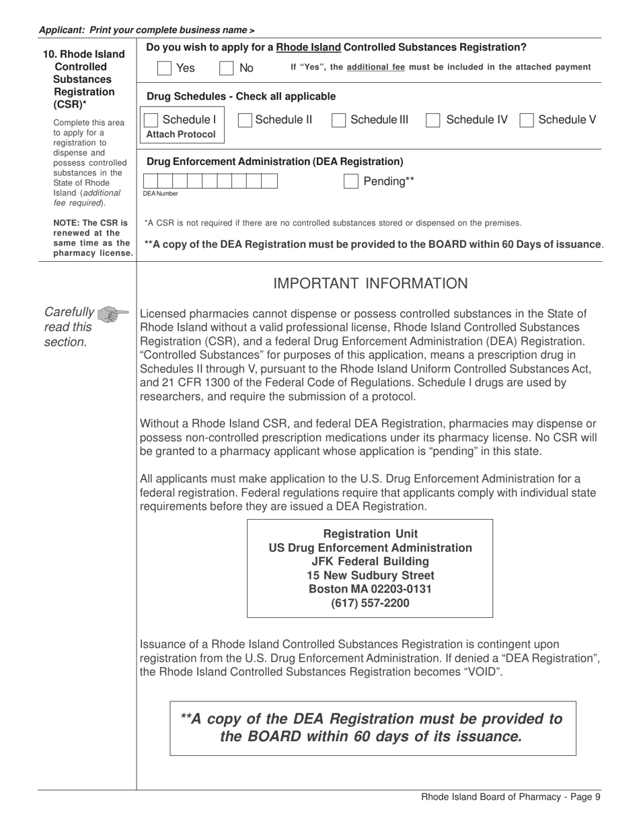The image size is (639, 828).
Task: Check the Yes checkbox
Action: click(x=163, y=68)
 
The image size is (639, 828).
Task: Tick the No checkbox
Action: click(x=227, y=68)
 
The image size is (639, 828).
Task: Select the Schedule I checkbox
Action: click(x=152, y=120)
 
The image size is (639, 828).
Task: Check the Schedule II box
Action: click(x=246, y=120)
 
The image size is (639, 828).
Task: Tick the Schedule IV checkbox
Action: click(x=434, y=120)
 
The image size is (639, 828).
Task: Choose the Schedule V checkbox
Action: click(x=527, y=120)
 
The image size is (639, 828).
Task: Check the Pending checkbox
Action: click(x=350, y=181)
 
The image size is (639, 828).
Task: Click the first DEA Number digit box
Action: click(x=150, y=181)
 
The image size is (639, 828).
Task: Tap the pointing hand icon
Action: click(x=112, y=314)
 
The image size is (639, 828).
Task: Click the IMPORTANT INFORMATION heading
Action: click(x=370, y=284)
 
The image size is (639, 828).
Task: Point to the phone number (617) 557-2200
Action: click(x=370, y=603)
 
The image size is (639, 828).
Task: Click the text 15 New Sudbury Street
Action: click(x=370, y=576)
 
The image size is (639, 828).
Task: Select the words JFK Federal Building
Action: click(x=370, y=561)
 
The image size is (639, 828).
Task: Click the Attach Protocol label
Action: click(x=181, y=134)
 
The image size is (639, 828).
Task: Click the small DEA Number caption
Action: click(x=160, y=194)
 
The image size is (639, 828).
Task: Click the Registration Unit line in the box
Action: click(x=370, y=534)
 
